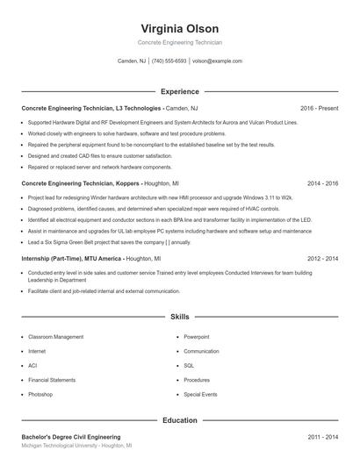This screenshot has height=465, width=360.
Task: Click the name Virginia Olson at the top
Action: (179, 29)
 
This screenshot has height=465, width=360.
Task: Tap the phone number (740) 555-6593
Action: (169, 61)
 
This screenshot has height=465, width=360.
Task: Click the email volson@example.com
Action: (217, 61)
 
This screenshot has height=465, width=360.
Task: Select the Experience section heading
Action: (179, 91)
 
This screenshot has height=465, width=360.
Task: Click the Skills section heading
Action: (179, 315)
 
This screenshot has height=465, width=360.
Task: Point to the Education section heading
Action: (179, 420)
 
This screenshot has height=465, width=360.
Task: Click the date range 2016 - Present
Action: (319, 108)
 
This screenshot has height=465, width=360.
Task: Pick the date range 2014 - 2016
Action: (322, 184)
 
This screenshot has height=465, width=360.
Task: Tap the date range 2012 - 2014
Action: (322, 260)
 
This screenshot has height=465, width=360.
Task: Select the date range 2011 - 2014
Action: (322, 436)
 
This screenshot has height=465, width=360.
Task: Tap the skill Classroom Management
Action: (56, 336)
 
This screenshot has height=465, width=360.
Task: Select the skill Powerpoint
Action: (197, 336)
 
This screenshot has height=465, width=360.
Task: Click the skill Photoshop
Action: (40, 394)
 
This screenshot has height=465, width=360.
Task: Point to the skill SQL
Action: (189, 365)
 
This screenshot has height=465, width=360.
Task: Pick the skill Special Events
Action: (200, 394)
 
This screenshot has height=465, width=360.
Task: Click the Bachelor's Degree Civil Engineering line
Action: (71, 436)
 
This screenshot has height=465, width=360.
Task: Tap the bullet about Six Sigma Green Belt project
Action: (109, 242)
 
